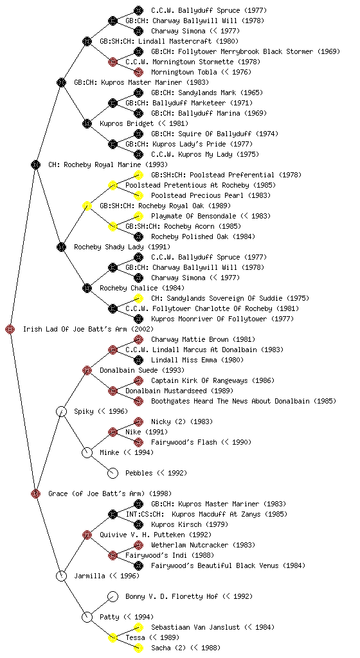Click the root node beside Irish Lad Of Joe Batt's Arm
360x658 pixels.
10,329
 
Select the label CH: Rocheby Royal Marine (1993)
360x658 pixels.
108,164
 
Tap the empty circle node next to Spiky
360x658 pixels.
61,411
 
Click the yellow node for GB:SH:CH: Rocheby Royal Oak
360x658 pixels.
87,206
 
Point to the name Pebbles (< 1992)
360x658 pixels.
156,473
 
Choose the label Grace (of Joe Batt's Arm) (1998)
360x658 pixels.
110,493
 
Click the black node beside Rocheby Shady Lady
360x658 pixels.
61,247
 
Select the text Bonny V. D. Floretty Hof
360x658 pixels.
172,596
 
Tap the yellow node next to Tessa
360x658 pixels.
113,637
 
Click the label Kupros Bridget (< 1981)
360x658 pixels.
144,123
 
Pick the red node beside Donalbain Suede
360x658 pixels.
87,370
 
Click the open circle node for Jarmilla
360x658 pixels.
61,576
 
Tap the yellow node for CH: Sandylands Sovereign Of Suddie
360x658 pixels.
138,298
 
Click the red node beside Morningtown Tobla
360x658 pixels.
138,72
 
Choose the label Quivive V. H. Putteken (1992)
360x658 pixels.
156,535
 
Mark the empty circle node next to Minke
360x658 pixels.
87,452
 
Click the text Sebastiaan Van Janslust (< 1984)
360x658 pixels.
213,627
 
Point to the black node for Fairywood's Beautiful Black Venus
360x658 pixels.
138,565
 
